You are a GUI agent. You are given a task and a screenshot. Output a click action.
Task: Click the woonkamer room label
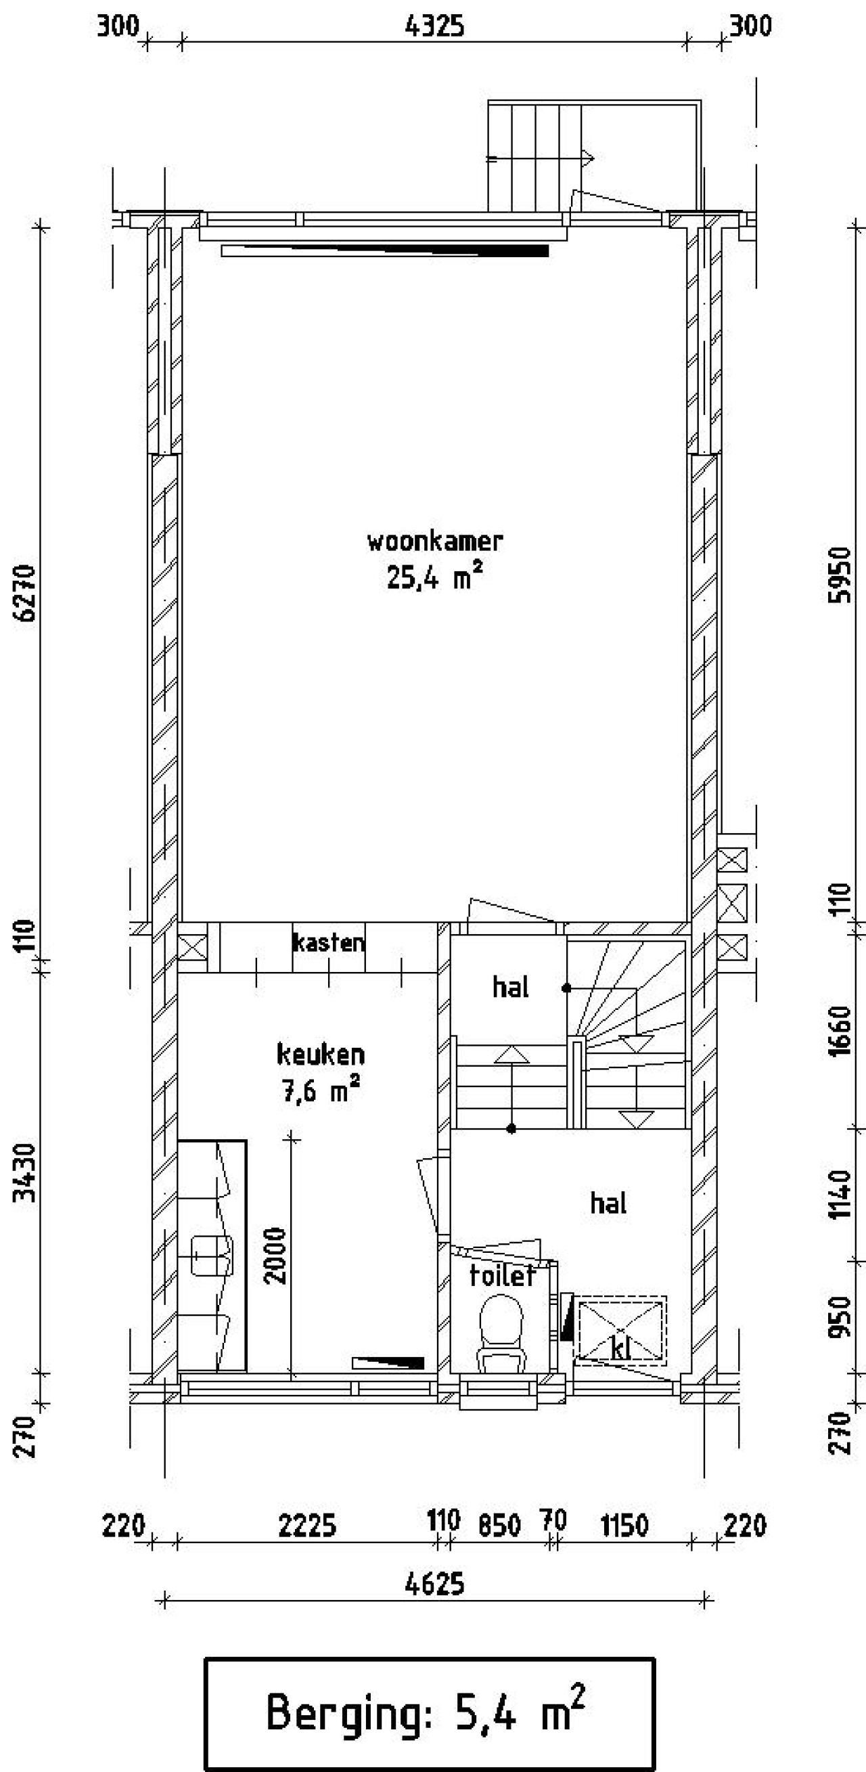point(435,541)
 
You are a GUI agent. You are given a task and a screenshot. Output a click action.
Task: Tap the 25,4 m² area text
point(434,578)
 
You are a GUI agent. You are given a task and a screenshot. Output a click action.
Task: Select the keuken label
point(321,1055)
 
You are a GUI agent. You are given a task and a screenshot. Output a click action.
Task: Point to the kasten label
point(329,942)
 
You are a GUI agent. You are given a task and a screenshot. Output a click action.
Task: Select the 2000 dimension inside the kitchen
point(275,1256)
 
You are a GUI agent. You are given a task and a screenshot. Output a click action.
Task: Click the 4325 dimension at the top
point(435,26)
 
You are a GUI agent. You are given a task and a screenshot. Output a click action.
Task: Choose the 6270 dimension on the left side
point(26,593)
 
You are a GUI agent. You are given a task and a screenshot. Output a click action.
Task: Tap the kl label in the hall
point(620,1350)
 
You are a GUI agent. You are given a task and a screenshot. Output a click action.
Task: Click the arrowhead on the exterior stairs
point(587,159)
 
